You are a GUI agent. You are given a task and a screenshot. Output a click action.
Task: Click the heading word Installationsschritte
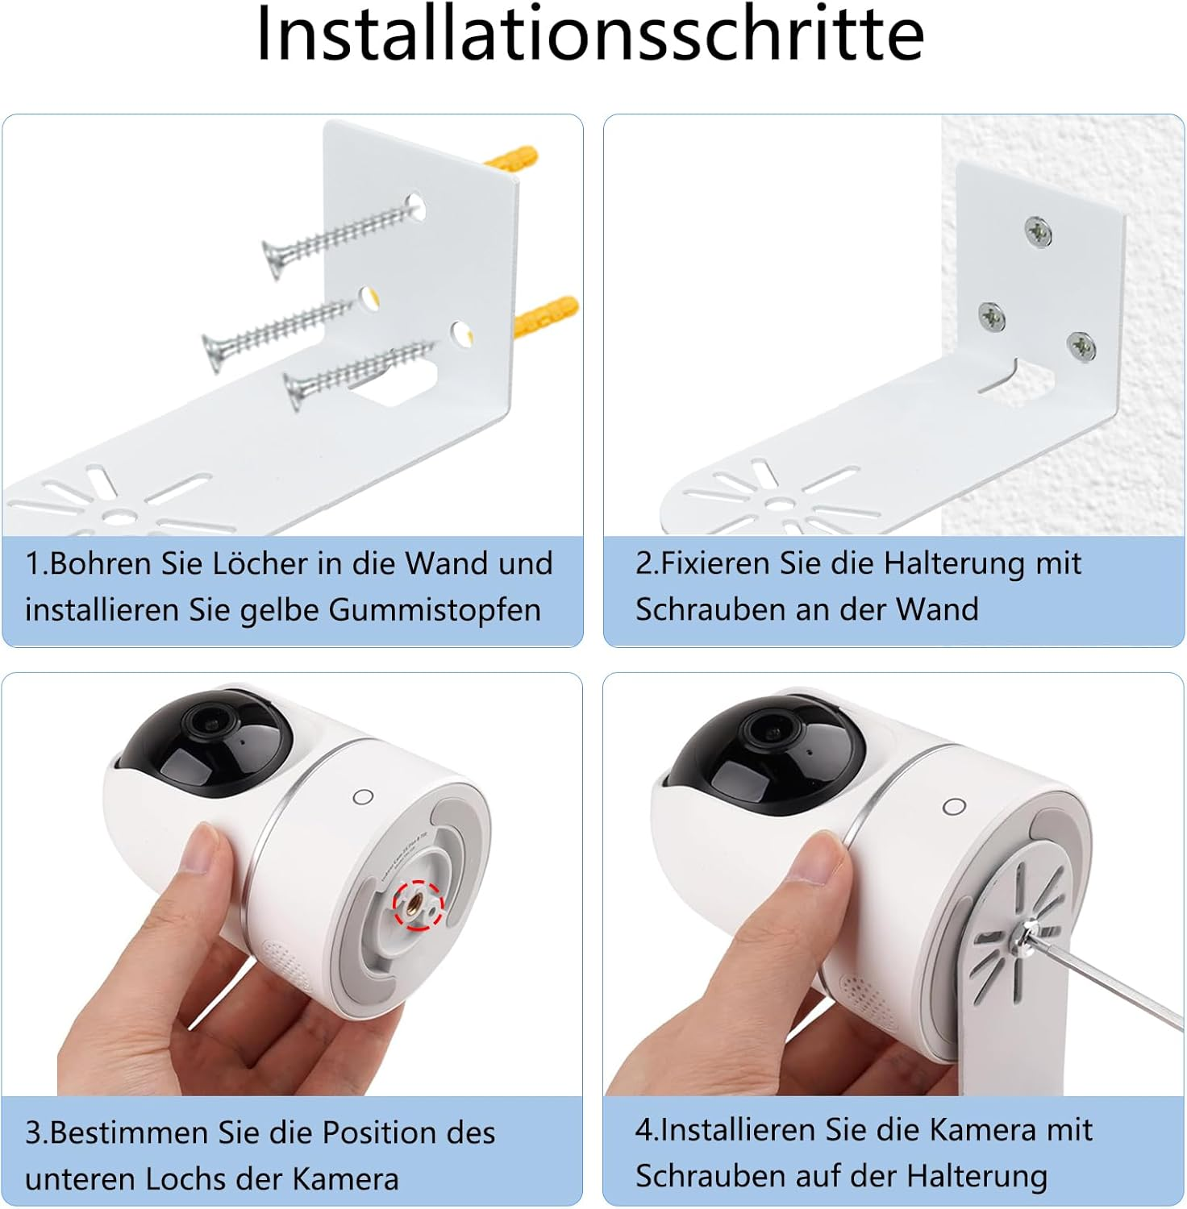point(589,34)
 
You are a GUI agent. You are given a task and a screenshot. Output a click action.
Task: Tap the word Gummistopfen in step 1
point(435,609)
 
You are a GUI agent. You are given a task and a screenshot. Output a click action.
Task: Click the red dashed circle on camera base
point(418,904)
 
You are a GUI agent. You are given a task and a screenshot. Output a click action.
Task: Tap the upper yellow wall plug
point(511,158)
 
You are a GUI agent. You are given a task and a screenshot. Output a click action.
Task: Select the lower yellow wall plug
point(546,316)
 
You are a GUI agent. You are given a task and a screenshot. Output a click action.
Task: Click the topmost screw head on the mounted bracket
point(1039,232)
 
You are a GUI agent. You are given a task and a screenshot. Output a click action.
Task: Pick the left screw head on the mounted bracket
point(992,318)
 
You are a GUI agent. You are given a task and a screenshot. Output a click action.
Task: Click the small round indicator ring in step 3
point(364,797)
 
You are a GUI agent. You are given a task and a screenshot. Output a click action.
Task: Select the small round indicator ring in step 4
point(954,807)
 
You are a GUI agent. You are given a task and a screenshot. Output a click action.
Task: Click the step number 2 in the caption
point(643,563)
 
